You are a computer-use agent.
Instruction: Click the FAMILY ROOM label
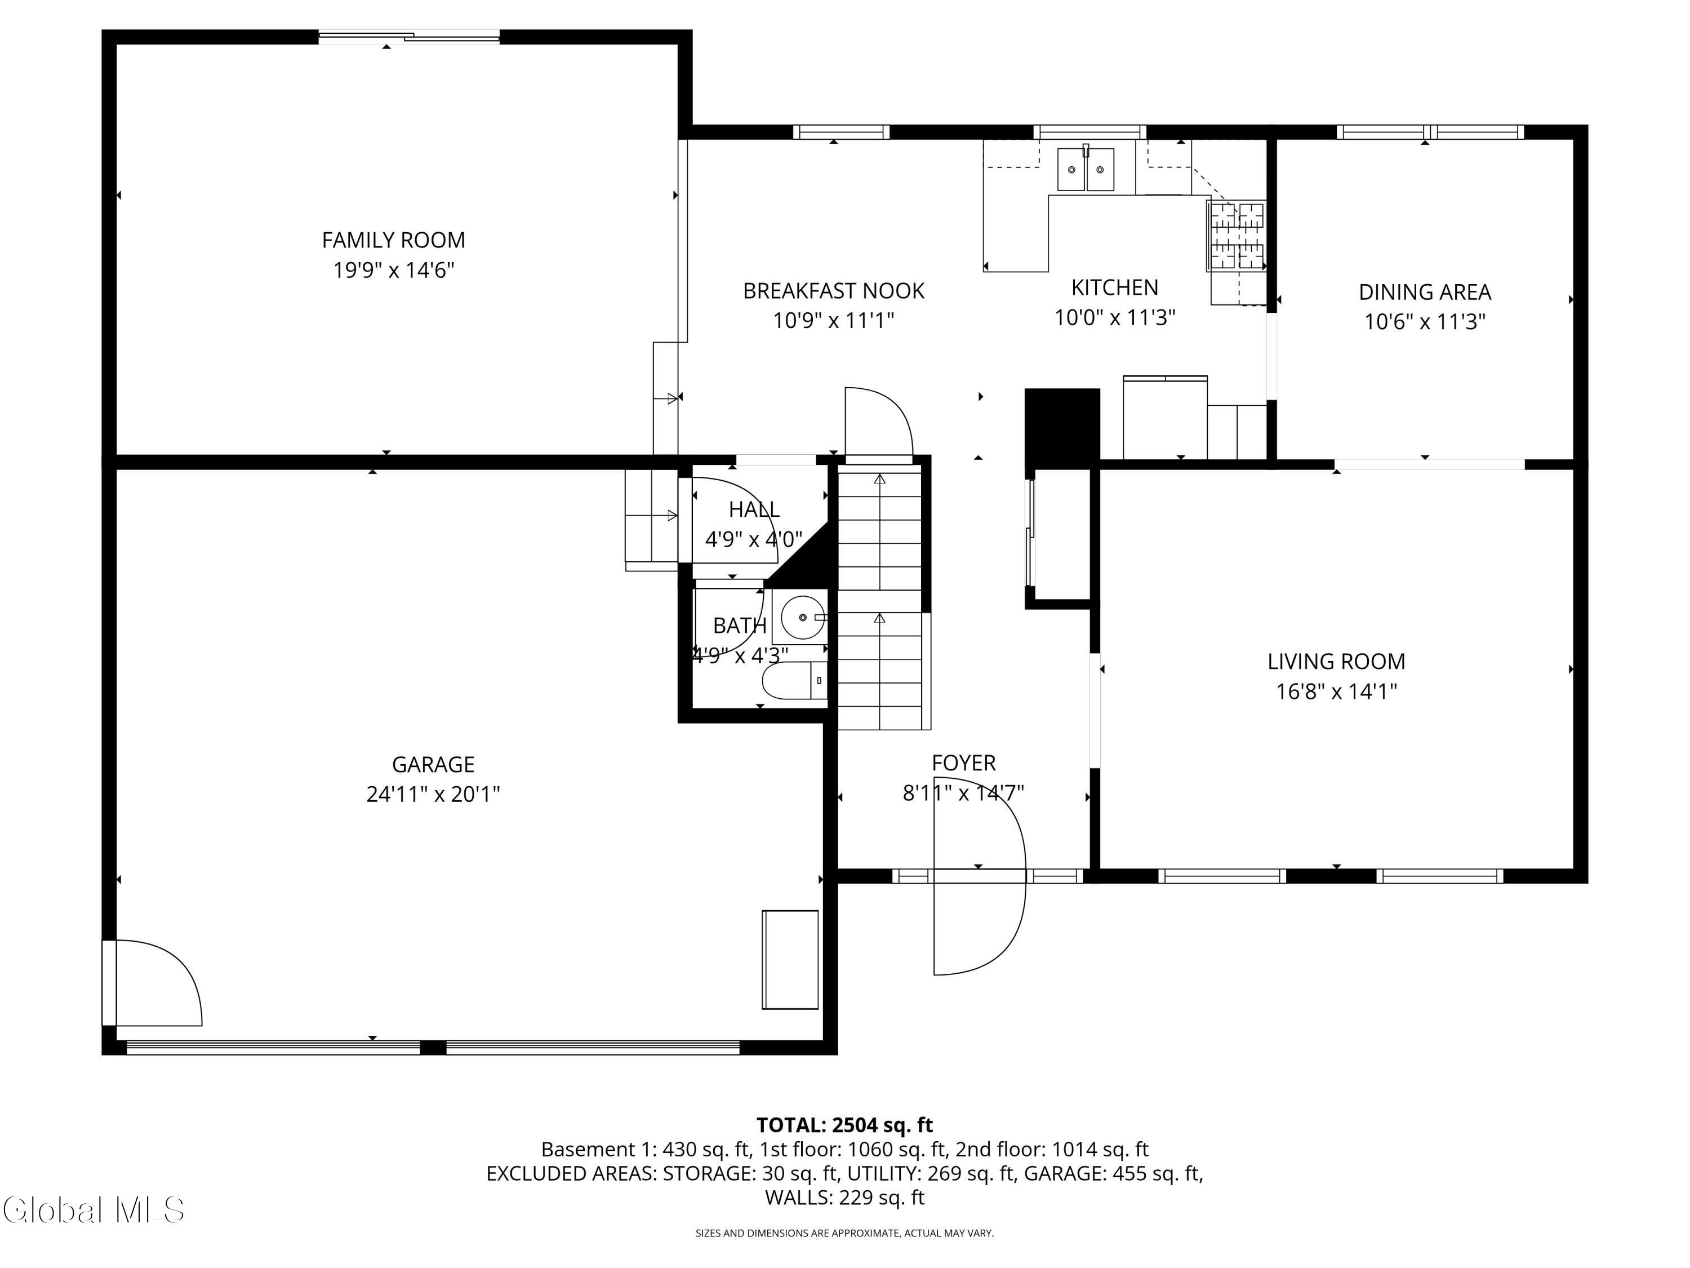pos(393,240)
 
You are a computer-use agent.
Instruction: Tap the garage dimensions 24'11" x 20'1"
pos(433,794)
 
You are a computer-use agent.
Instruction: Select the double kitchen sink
pos(1085,170)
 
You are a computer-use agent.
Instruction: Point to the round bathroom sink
pos(802,617)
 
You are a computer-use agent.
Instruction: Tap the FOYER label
pos(963,763)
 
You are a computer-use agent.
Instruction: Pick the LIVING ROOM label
pos(1336,661)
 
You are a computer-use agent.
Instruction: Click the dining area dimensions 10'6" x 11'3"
pos(1425,322)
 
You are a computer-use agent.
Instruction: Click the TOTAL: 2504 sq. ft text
pos(844,1125)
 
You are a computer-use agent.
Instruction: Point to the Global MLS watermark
pos(93,1210)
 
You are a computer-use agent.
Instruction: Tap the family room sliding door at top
pos(409,36)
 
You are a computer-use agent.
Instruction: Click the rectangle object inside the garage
pos(790,959)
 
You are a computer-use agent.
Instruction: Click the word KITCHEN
pos(1115,287)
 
